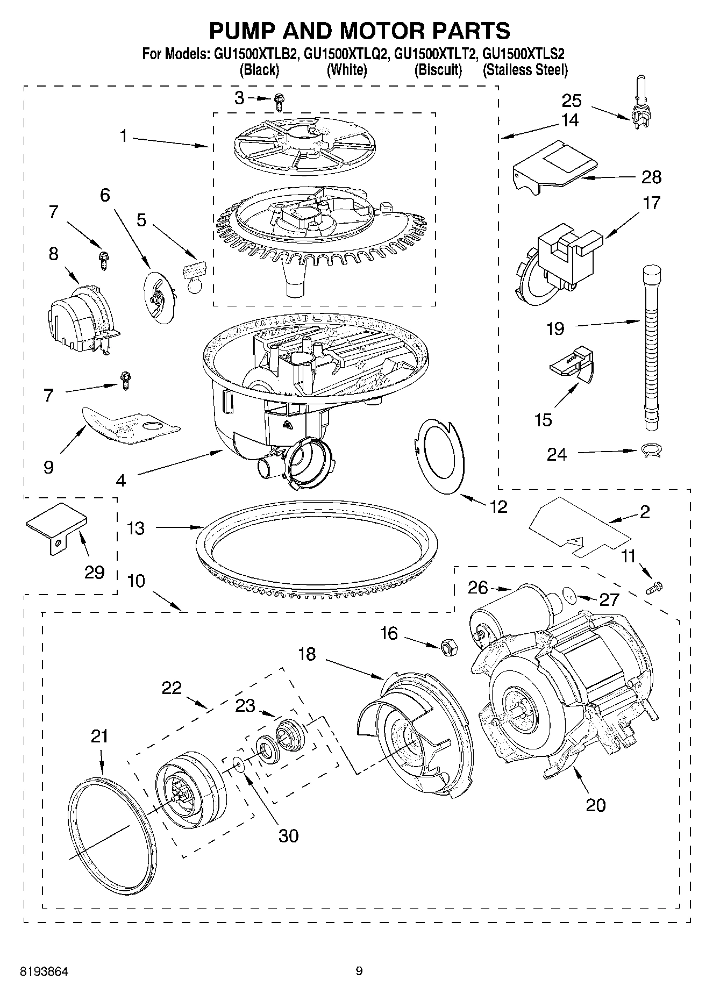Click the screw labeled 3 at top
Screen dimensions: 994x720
tap(279, 101)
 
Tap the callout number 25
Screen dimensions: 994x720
tap(572, 101)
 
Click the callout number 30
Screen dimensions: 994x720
tap(288, 835)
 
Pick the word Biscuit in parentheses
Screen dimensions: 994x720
tap(438, 70)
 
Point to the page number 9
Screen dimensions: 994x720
tap(359, 971)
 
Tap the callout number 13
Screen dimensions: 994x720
tap(136, 528)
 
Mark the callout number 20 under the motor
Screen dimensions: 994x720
tap(595, 805)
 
